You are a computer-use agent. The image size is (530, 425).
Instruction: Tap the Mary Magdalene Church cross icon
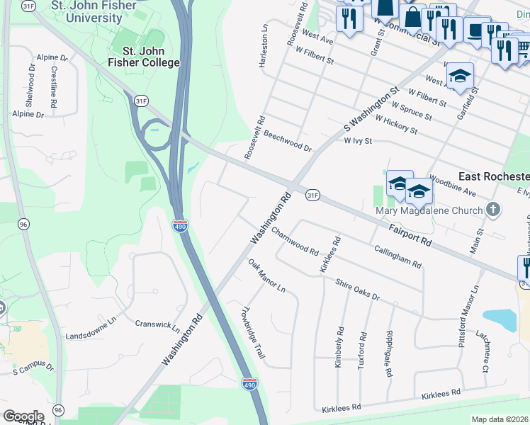pos(495,210)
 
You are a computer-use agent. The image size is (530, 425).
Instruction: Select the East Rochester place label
pos(493,176)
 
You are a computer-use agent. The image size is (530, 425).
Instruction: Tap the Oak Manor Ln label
pos(266,276)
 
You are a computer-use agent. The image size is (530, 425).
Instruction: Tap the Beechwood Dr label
pos(287,140)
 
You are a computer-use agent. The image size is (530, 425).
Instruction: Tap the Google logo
pos(23,416)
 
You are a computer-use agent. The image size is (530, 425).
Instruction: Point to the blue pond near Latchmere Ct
pos(500,320)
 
